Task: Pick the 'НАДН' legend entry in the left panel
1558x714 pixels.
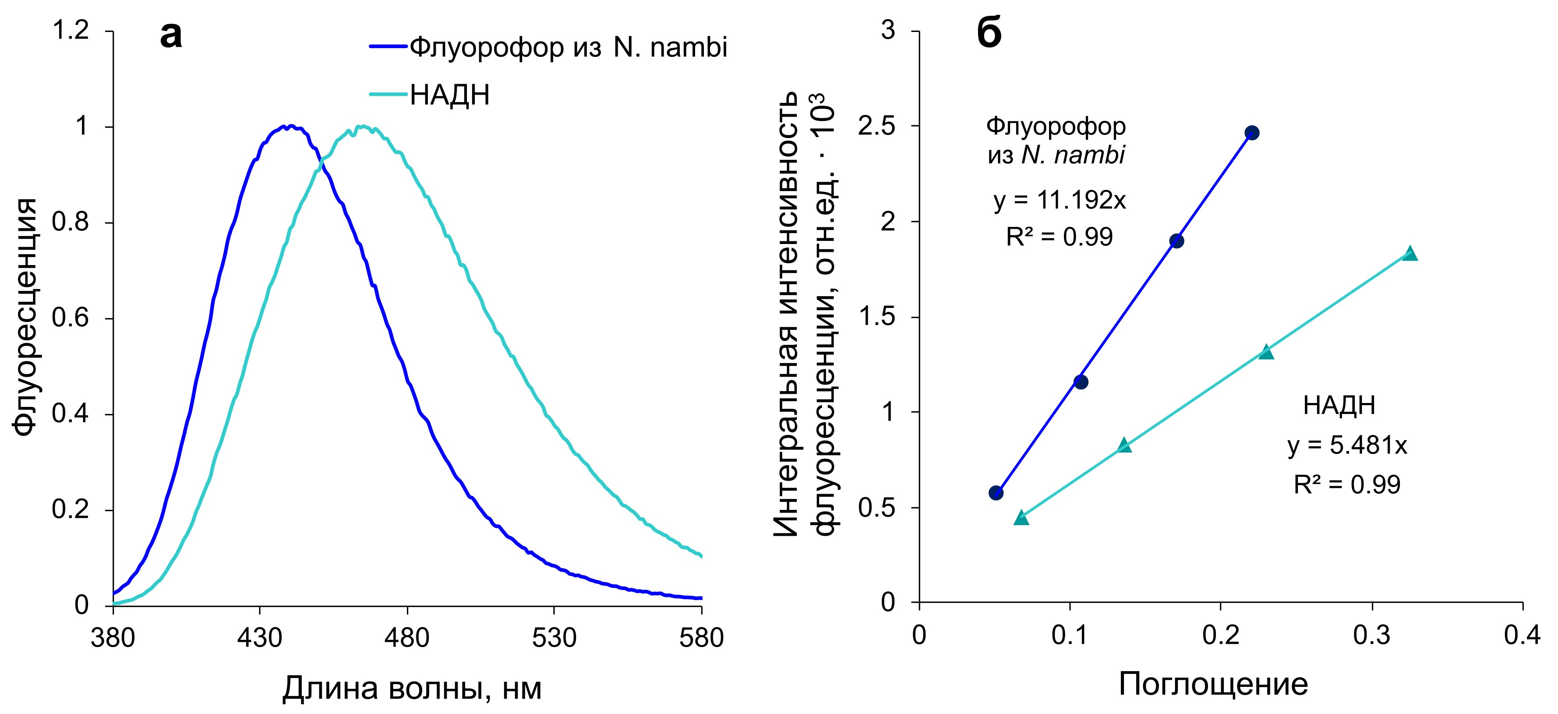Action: point(449,95)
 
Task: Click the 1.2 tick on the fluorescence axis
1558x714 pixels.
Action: point(71,30)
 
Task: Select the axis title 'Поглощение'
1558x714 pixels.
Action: point(1213,684)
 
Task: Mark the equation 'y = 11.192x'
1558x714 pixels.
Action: point(1060,200)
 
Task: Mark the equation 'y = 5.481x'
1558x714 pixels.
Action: point(1347,445)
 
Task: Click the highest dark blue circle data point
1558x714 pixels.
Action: point(1252,133)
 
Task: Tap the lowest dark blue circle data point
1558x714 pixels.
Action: point(996,492)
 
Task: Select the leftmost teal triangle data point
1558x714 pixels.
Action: point(1021,517)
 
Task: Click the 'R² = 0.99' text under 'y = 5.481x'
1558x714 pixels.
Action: point(1347,484)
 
